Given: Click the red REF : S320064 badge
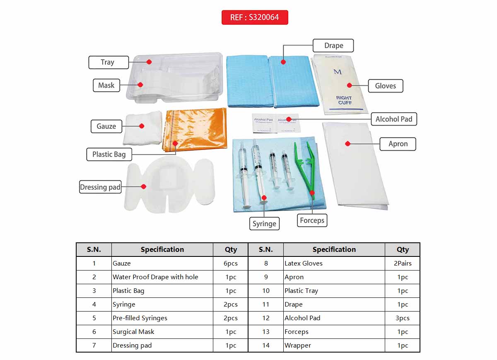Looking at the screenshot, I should (x=255, y=17).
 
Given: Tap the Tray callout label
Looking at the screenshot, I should (x=108, y=62).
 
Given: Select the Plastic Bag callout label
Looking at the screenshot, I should (x=109, y=154).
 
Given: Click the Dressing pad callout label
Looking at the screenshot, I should (x=100, y=187).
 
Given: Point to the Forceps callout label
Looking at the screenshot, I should (x=312, y=220).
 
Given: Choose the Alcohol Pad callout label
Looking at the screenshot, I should (x=393, y=119).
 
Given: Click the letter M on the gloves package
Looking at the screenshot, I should (x=338, y=72).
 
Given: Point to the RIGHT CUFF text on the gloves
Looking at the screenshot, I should (x=344, y=100).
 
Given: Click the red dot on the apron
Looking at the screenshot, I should (x=348, y=144).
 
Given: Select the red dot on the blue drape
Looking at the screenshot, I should (x=283, y=62).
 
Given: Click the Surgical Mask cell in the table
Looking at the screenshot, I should (x=133, y=331).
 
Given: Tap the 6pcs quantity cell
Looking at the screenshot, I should (x=231, y=263).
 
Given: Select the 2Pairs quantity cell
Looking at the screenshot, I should (x=403, y=263).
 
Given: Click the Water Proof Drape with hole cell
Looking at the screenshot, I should (x=155, y=277).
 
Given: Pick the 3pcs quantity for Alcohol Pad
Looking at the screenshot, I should (x=403, y=318).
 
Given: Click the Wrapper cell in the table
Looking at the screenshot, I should (x=298, y=345).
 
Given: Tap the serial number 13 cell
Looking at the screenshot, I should (x=265, y=331).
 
